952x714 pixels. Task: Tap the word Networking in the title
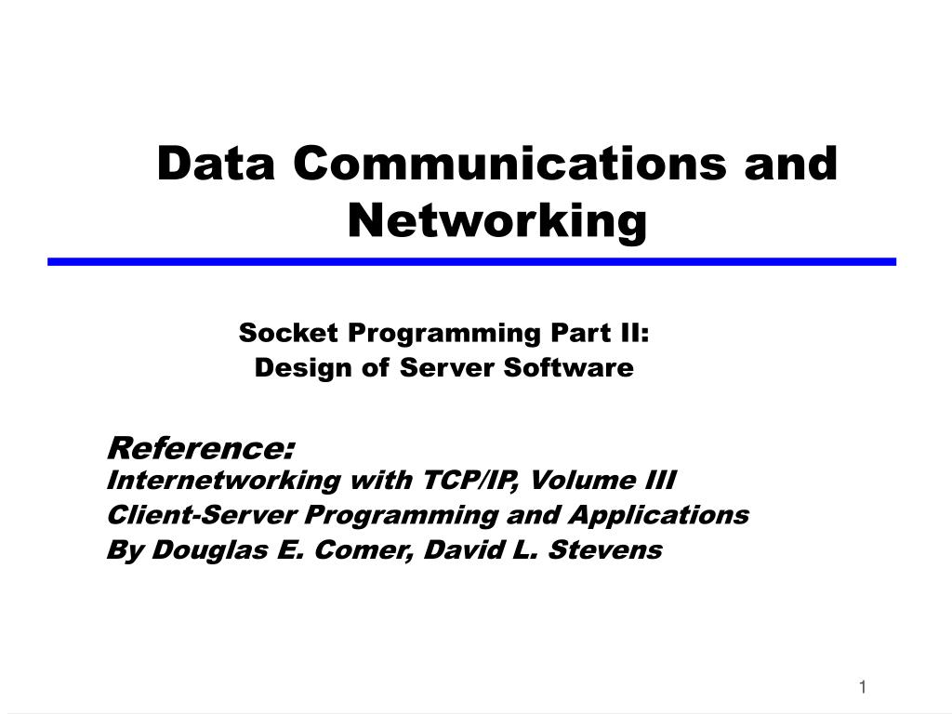coord(497,220)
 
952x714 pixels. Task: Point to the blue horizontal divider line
coord(471,262)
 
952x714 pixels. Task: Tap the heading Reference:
coord(201,448)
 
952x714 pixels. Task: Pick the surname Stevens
coord(604,550)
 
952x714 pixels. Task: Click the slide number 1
coord(863,687)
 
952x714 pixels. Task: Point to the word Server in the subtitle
coord(449,368)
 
